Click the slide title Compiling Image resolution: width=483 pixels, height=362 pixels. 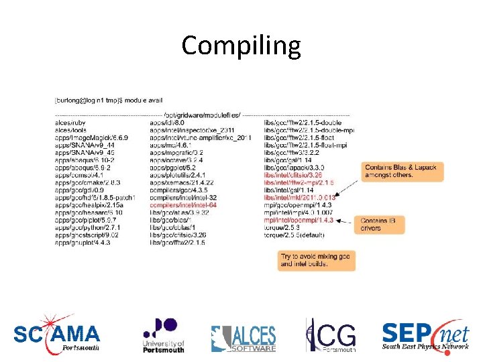[x=241, y=46]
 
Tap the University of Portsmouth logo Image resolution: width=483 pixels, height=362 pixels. [x=163, y=335]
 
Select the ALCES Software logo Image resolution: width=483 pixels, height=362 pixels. [x=244, y=339]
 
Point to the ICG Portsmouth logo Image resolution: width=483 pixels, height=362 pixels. [x=330, y=335]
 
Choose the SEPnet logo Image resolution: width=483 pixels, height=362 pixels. [x=425, y=335]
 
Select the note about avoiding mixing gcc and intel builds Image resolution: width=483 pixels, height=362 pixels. [x=316, y=260]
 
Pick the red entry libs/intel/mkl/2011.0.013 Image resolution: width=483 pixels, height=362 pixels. [x=299, y=197]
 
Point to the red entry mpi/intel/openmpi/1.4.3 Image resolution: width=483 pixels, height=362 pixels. [x=299, y=219]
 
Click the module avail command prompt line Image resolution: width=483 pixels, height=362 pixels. [x=108, y=100]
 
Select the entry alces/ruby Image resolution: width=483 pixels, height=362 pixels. [x=71, y=123]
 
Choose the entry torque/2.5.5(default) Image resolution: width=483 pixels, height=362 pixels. [x=292, y=234]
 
